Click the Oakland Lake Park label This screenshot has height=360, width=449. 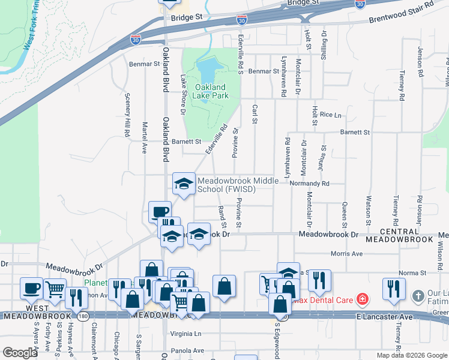coord(211,91)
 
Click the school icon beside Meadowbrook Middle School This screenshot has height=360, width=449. coord(184,182)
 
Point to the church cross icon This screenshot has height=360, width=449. coord(418,296)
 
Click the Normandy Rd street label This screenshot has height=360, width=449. coord(310,184)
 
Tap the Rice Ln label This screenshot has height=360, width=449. coord(330,115)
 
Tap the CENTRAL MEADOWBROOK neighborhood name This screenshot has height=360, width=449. coord(408,235)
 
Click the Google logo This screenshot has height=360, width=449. coord(20,353)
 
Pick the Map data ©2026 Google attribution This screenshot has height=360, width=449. coord(411,355)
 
